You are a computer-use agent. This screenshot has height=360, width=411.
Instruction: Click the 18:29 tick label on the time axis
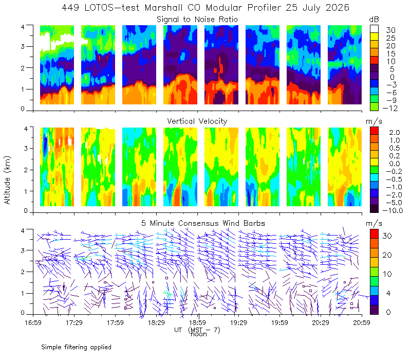[x=156, y=322]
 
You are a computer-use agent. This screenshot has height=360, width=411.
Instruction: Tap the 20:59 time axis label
[x=362, y=322]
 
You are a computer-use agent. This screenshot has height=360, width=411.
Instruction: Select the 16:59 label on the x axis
[x=33, y=322]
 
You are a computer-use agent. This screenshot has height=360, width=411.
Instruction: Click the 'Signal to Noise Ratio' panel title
[x=197, y=20]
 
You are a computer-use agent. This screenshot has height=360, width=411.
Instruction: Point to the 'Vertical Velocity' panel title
[x=197, y=121]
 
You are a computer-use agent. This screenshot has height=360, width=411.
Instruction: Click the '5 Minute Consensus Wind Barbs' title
[x=203, y=223]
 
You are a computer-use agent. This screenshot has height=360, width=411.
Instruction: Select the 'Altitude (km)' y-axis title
[x=7, y=180]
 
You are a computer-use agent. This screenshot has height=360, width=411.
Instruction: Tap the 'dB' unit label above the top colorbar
[x=374, y=20]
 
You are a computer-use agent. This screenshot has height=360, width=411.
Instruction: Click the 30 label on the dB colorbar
[x=390, y=30]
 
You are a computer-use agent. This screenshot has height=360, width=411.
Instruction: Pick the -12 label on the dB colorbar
[x=390, y=108]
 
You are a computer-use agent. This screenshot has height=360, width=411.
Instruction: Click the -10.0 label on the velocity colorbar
[x=393, y=210]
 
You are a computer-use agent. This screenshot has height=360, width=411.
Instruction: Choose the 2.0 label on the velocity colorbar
[x=395, y=133]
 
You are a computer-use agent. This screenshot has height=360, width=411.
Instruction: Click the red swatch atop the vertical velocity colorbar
[x=374, y=131]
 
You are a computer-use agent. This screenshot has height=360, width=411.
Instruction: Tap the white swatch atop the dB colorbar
[x=374, y=29]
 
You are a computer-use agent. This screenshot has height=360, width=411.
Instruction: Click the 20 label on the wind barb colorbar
[x=387, y=255]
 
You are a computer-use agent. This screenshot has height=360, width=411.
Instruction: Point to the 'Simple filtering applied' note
[x=76, y=347]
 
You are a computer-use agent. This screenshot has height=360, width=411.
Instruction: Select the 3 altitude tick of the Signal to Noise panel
[x=23, y=46]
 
